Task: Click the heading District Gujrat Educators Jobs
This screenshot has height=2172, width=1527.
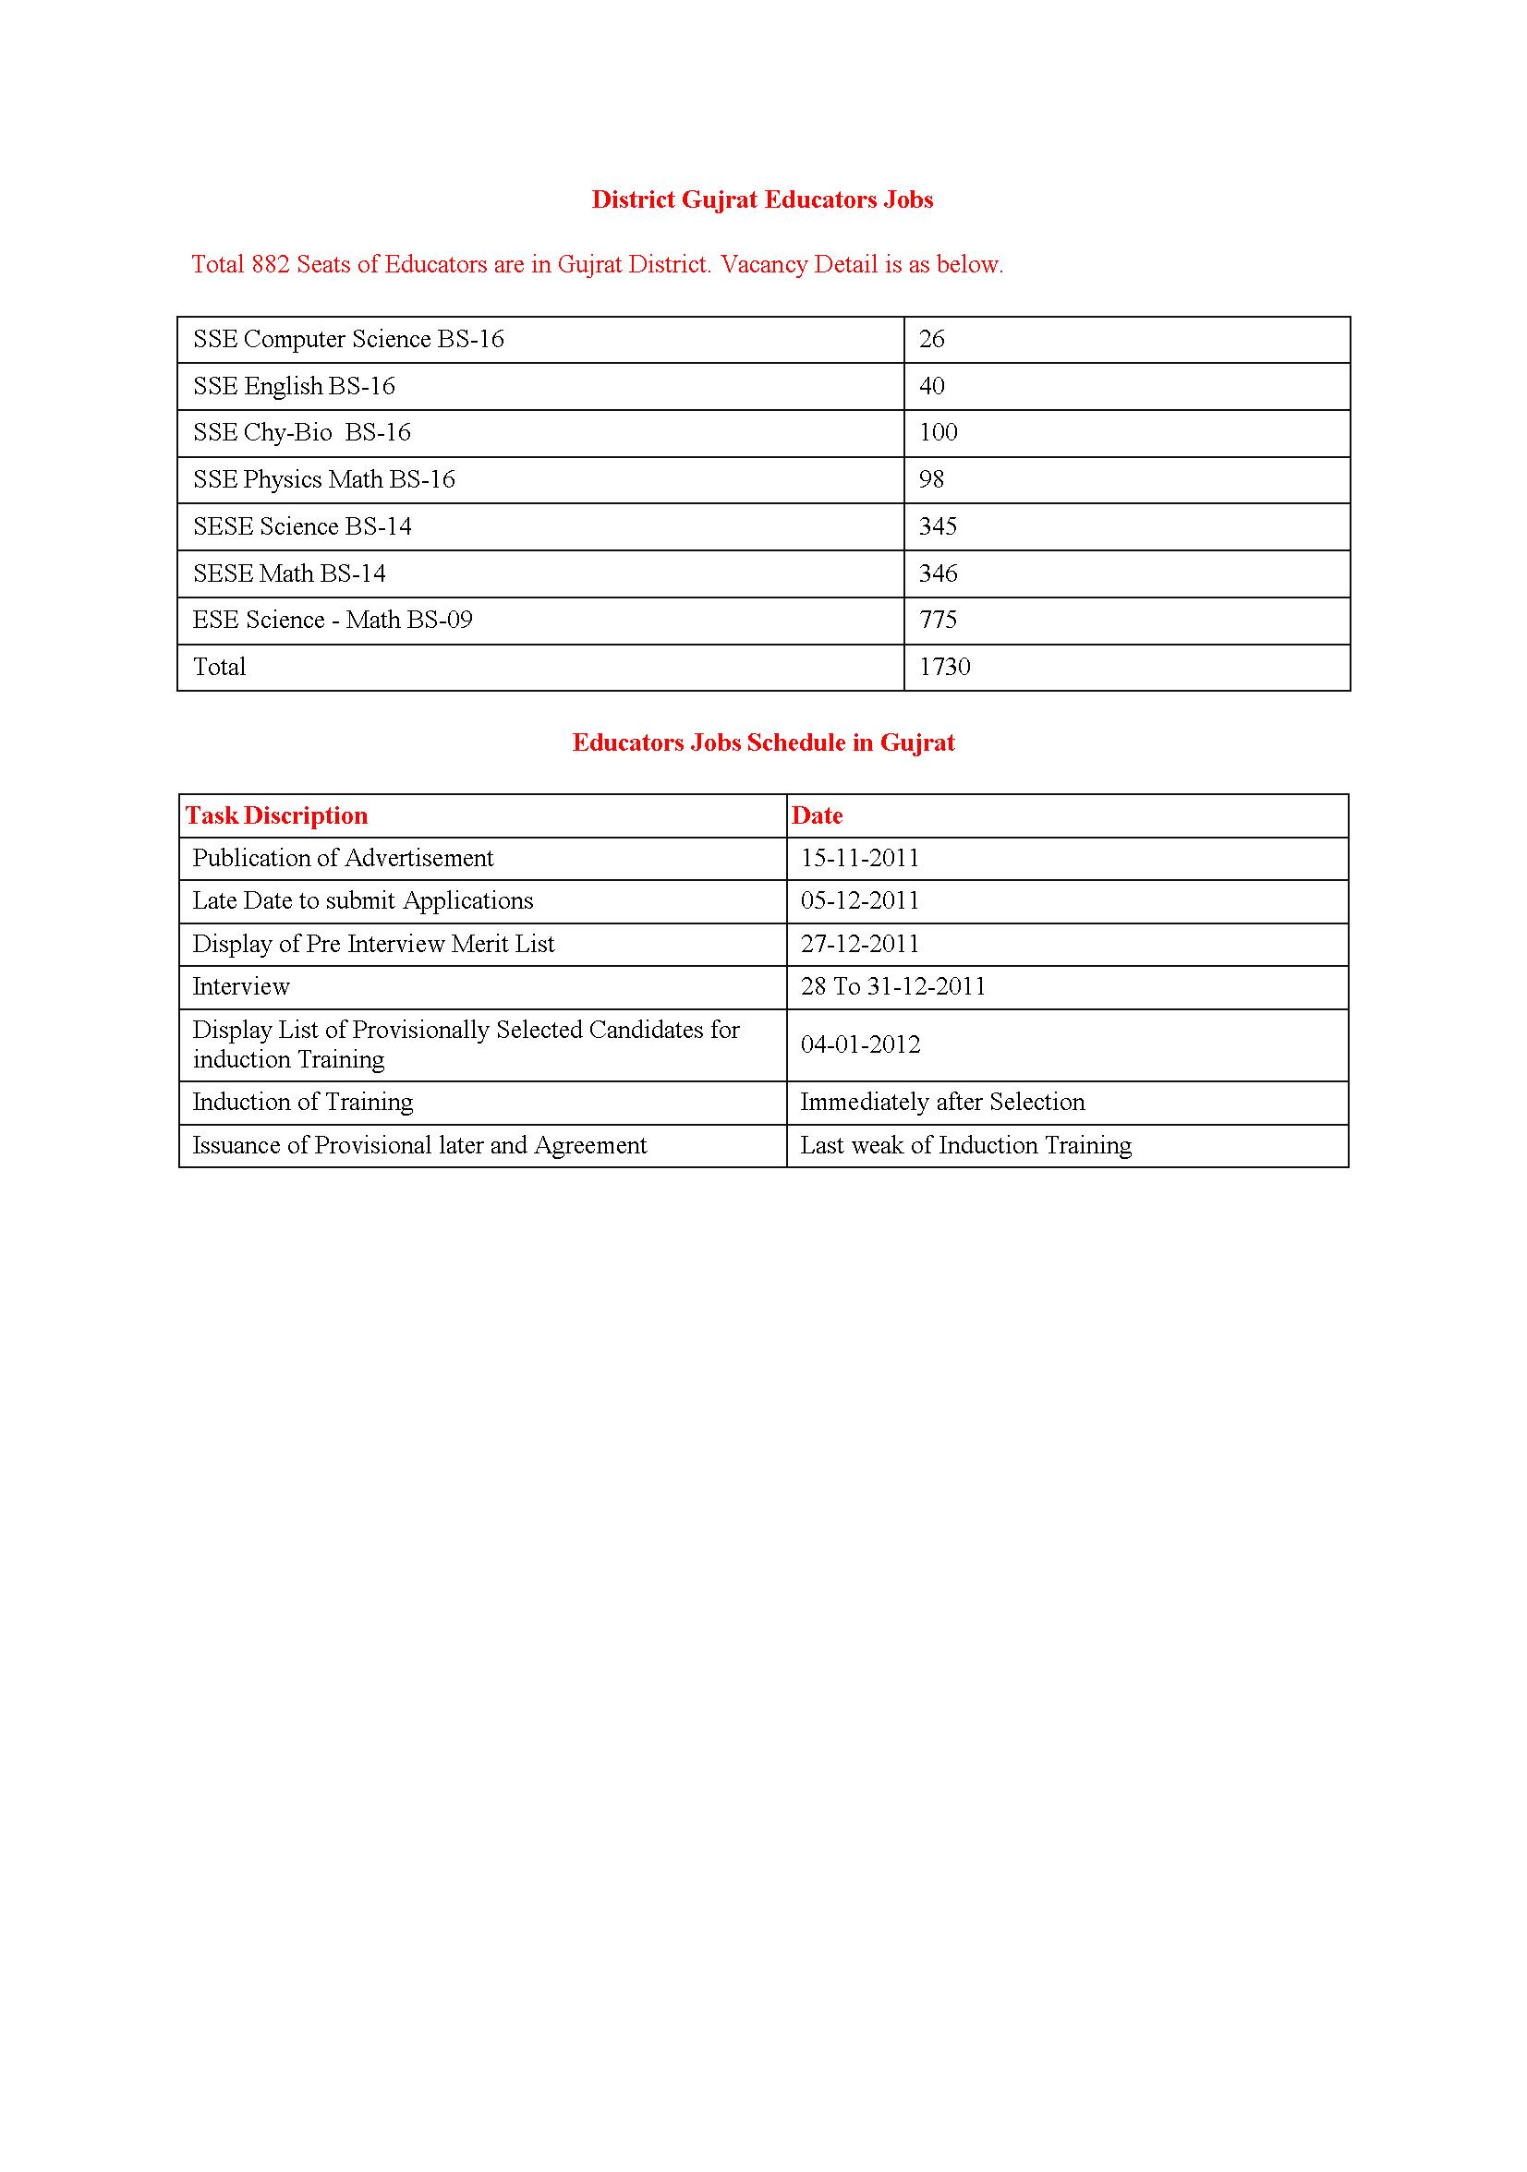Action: tap(761, 199)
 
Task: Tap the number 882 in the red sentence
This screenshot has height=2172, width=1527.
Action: tap(271, 264)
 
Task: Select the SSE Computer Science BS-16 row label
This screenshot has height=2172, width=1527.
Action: tap(348, 339)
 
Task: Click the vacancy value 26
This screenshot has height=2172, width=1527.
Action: tap(932, 339)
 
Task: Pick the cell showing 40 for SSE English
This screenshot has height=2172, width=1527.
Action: tap(932, 386)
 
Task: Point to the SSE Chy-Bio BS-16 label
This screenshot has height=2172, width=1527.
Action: tap(302, 432)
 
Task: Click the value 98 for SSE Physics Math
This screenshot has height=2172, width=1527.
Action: tap(932, 479)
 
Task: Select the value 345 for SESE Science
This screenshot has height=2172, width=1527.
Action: tap(938, 526)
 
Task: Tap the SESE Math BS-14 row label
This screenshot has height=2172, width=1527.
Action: tap(289, 573)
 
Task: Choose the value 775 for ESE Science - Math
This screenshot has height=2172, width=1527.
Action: tap(938, 620)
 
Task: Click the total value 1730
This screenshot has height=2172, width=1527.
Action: tap(944, 667)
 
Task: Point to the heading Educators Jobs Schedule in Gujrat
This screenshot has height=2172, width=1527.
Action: tap(762, 742)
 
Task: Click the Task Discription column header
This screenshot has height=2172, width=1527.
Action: tap(276, 815)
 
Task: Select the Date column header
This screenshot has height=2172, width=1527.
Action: tap(817, 815)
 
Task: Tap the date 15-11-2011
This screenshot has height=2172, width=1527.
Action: tap(860, 858)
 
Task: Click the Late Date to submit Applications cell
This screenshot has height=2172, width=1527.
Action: tap(362, 900)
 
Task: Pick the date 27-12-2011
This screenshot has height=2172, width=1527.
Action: tap(860, 944)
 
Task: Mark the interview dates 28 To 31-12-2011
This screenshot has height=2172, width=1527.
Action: tap(893, 986)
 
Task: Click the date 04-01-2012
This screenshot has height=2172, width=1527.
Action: tap(860, 1044)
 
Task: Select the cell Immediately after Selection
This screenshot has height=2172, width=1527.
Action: tap(942, 1102)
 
